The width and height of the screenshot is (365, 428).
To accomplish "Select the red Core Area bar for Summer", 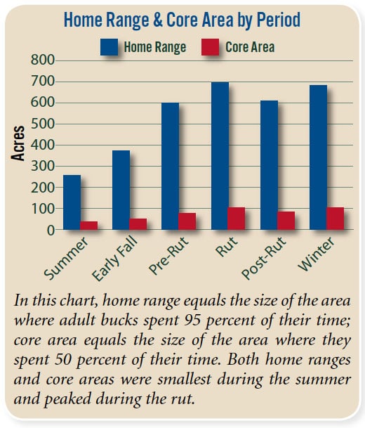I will (89, 226).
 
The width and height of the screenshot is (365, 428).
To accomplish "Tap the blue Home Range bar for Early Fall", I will (121, 190).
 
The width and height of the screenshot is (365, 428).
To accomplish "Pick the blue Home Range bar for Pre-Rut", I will (171, 166).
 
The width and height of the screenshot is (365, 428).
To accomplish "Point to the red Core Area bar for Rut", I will (237, 219).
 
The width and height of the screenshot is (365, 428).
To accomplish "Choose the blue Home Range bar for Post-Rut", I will (269, 165).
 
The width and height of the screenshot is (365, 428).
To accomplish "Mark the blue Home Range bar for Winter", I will (318, 157).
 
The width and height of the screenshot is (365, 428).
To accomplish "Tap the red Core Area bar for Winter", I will (335, 219).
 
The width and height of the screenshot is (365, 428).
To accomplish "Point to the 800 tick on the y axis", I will (41, 60).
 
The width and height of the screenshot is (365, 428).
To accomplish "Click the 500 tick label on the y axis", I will (41, 124).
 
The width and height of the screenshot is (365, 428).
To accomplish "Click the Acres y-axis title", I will (20, 143).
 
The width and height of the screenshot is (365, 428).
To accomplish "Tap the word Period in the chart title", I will (274, 20).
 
